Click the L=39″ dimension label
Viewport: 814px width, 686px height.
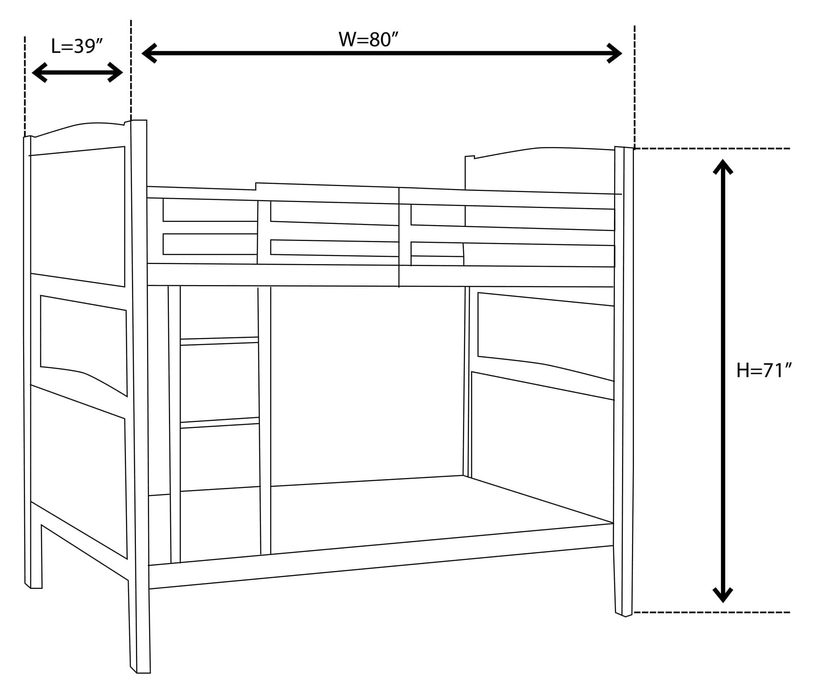77,46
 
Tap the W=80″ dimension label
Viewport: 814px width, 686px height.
368,39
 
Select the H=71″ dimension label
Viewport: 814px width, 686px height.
764,370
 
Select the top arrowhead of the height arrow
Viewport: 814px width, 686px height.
723,166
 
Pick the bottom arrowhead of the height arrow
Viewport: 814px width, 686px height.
723,595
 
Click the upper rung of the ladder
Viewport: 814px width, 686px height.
219,341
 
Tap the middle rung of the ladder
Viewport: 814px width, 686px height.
219,423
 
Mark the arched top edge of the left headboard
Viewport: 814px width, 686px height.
79,124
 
